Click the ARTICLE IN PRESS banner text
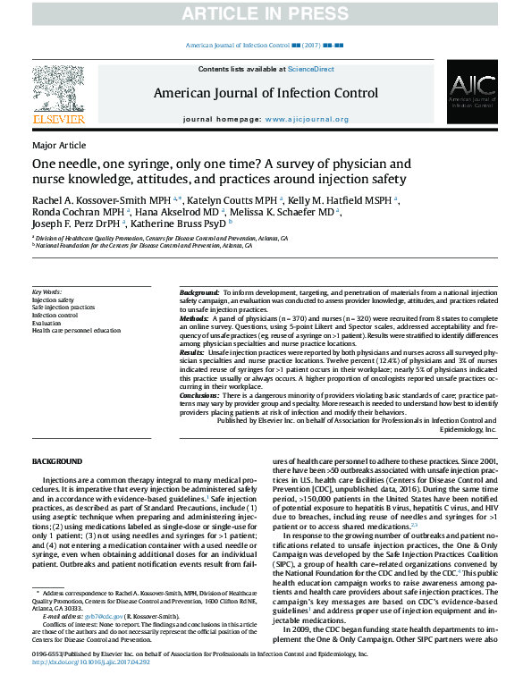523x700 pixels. (261, 13)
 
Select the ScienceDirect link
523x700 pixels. (310, 69)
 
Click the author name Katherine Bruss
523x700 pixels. (184, 225)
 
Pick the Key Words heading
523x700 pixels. (47, 292)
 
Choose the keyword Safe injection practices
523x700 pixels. (64, 308)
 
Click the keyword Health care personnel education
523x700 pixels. (76, 331)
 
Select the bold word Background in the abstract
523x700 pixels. (198, 293)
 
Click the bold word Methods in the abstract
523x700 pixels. (194, 318)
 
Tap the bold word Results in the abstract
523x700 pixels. (193, 353)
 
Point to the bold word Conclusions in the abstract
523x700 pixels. (199, 394)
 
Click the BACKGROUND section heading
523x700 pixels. (57, 460)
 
